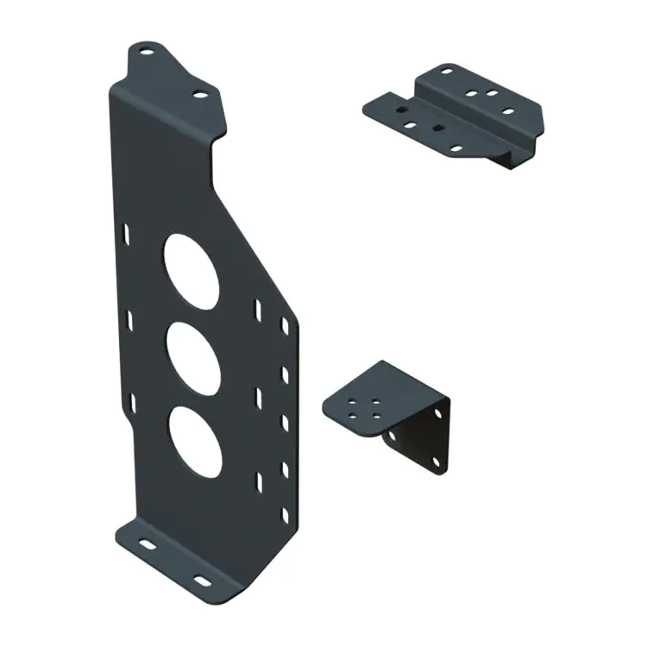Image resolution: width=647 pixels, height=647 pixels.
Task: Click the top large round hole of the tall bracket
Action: (189, 267)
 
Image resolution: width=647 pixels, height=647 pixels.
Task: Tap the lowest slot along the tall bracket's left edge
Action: (130, 401)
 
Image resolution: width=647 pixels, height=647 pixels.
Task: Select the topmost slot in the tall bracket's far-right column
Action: (284, 326)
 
